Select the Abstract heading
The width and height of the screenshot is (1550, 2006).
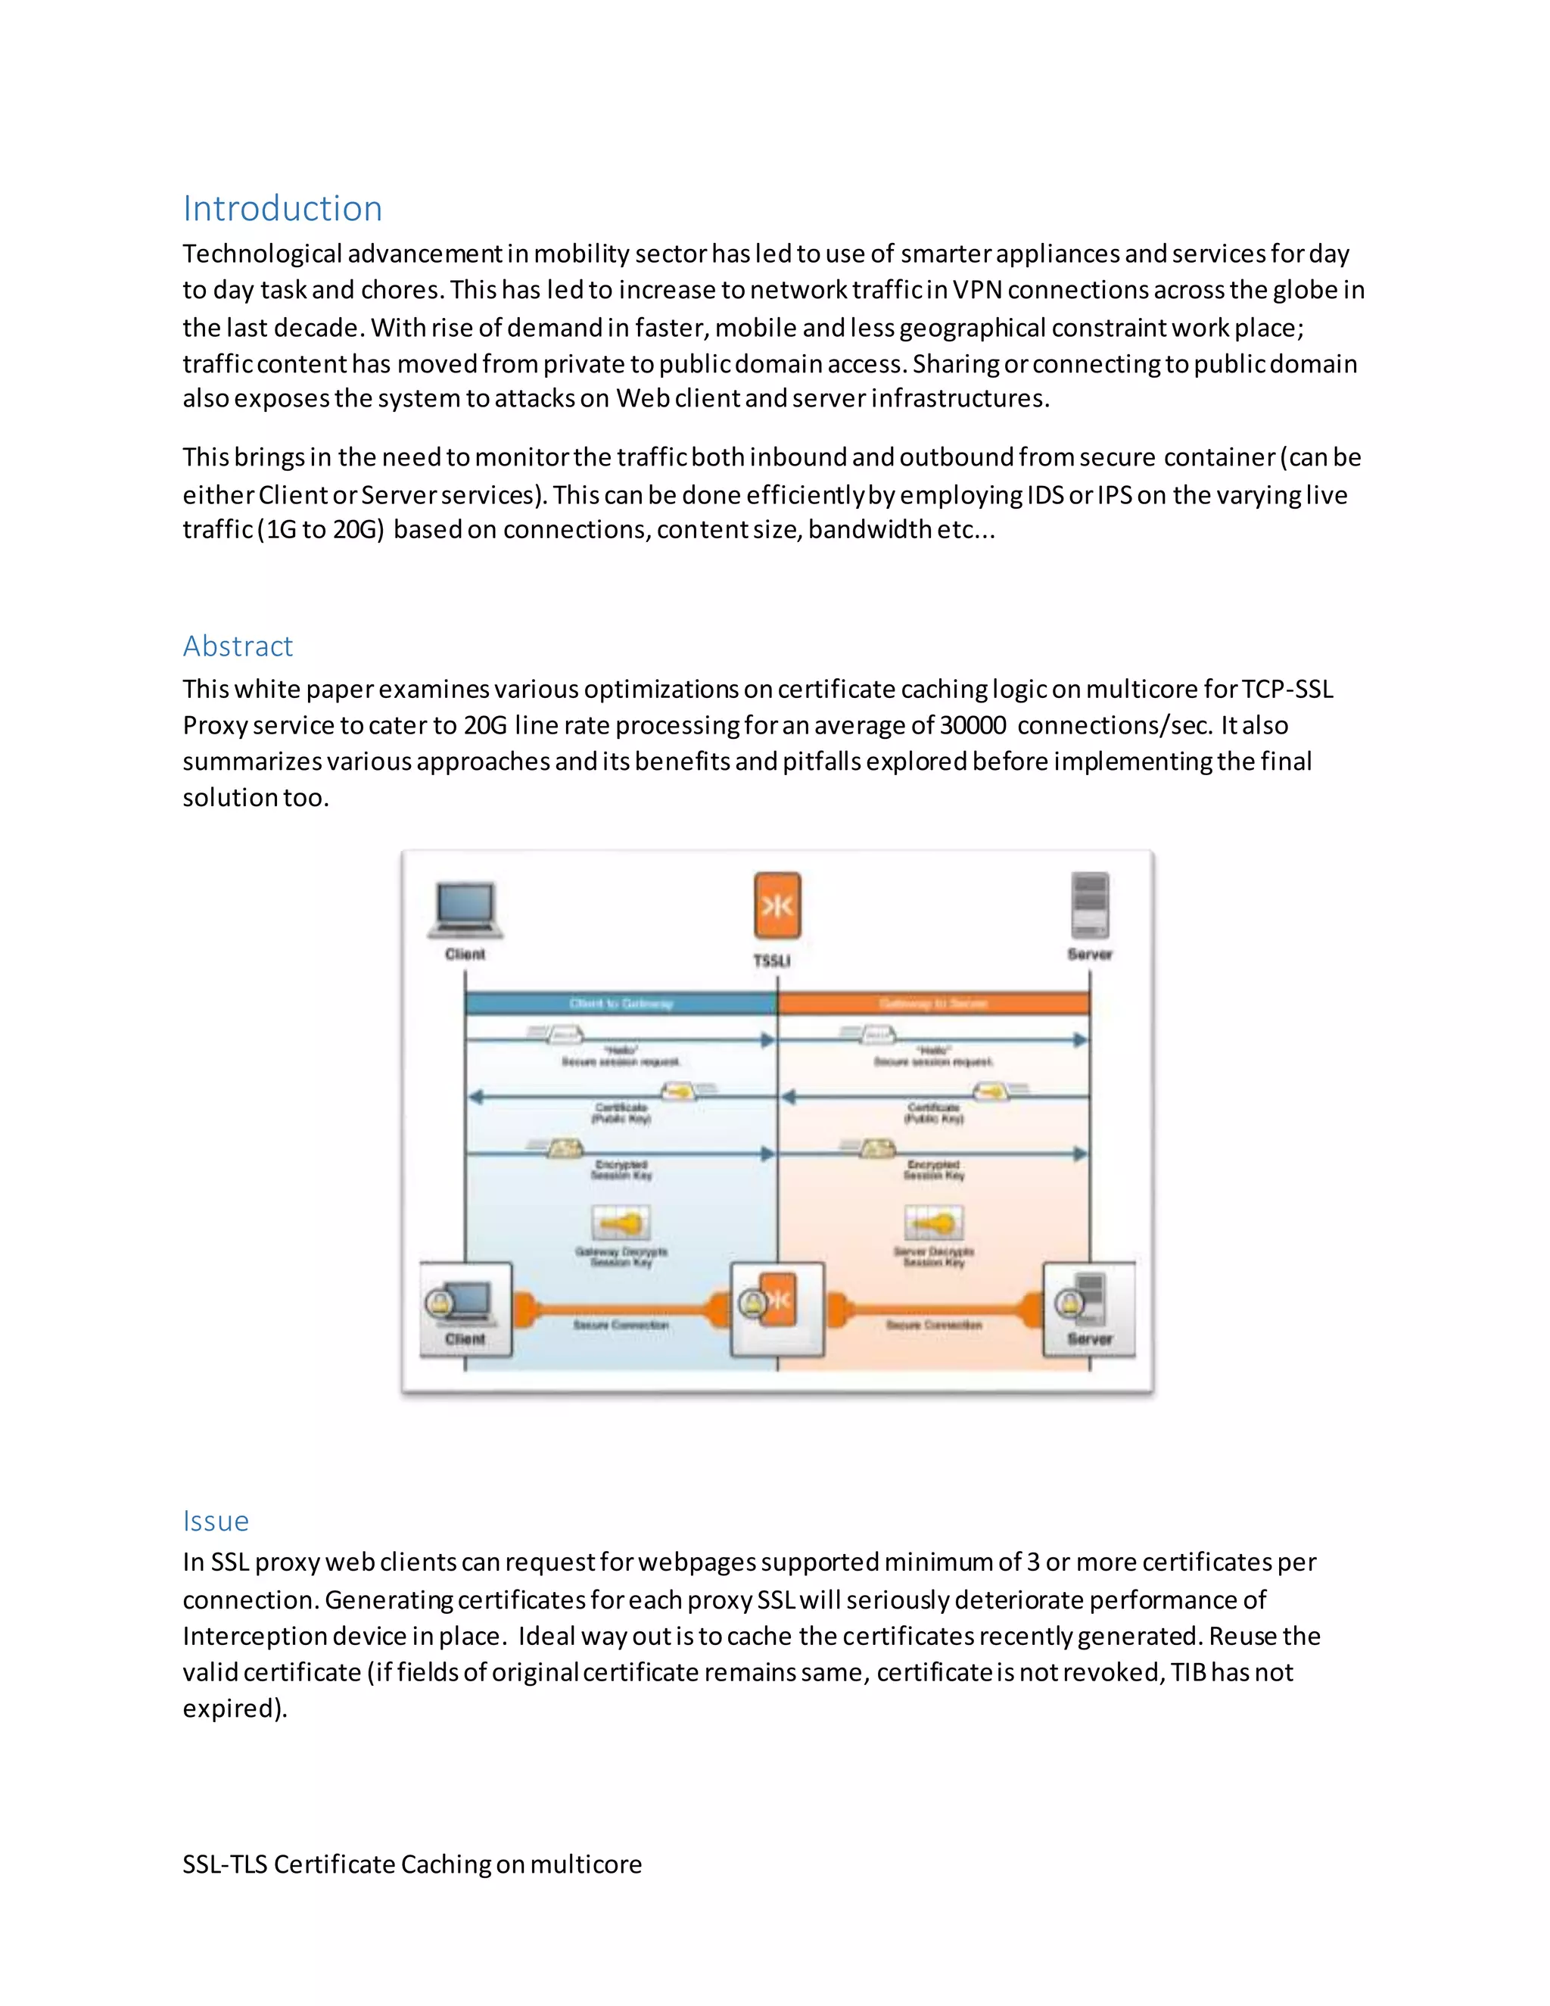pyautogui.click(x=238, y=646)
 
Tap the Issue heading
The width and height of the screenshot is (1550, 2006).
pyautogui.click(x=216, y=1520)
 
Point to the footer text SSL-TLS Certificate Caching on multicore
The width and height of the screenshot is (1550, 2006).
pyautogui.click(x=412, y=1864)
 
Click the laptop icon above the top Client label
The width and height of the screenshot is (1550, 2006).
pyautogui.click(x=465, y=908)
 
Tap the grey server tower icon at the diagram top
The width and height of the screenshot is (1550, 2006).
pyautogui.click(x=1090, y=905)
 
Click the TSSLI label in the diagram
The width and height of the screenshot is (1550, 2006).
pyautogui.click(x=772, y=961)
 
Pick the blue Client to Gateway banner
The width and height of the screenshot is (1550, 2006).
pyautogui.click(x=621, y=1003)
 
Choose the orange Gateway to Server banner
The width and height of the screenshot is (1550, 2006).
pyautogui.click(x=933, y=1003)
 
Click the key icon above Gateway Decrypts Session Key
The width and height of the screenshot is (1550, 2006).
pyautogui.click(x=621, y=1223)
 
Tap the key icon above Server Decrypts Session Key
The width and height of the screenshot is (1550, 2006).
pyautogui.click(x=934, y=1223)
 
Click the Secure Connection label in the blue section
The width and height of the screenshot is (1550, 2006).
pyautogui.click(x=621, y=1325)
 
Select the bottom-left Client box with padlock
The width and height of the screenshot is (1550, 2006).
pyautogui.click(x=465, y=1309)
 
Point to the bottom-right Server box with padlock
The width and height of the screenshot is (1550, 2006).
pyautogui.click(x=1089, y=1309)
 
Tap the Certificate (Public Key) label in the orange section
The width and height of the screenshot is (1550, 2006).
pyautogui.click(x=934, y=1114)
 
